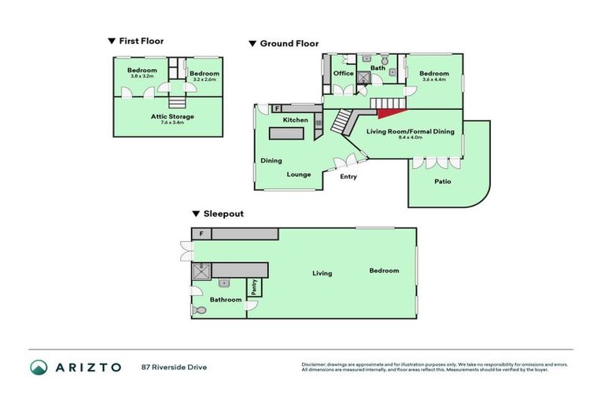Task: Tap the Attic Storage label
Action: click(172, 116)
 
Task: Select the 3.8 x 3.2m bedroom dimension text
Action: click(142, 77)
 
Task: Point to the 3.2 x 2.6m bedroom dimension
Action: click(204, 80)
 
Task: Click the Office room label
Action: click(344, 74)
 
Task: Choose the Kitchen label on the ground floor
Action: click(296, 119)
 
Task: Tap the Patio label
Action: click(443, 181)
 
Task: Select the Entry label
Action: click(348, 177)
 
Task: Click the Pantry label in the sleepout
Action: click(254, 288)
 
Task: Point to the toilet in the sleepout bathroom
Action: click(199, 310)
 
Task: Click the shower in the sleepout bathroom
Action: click(200, 271)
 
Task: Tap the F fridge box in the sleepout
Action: click(202, 234)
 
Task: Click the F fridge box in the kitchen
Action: click(277, 108)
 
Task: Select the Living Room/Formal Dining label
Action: click(411, 132)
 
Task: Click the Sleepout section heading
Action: click(223, 214)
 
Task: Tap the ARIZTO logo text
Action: click(88, 367)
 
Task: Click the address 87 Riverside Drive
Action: click(174, 367)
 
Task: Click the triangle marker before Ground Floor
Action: click(252, 44)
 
